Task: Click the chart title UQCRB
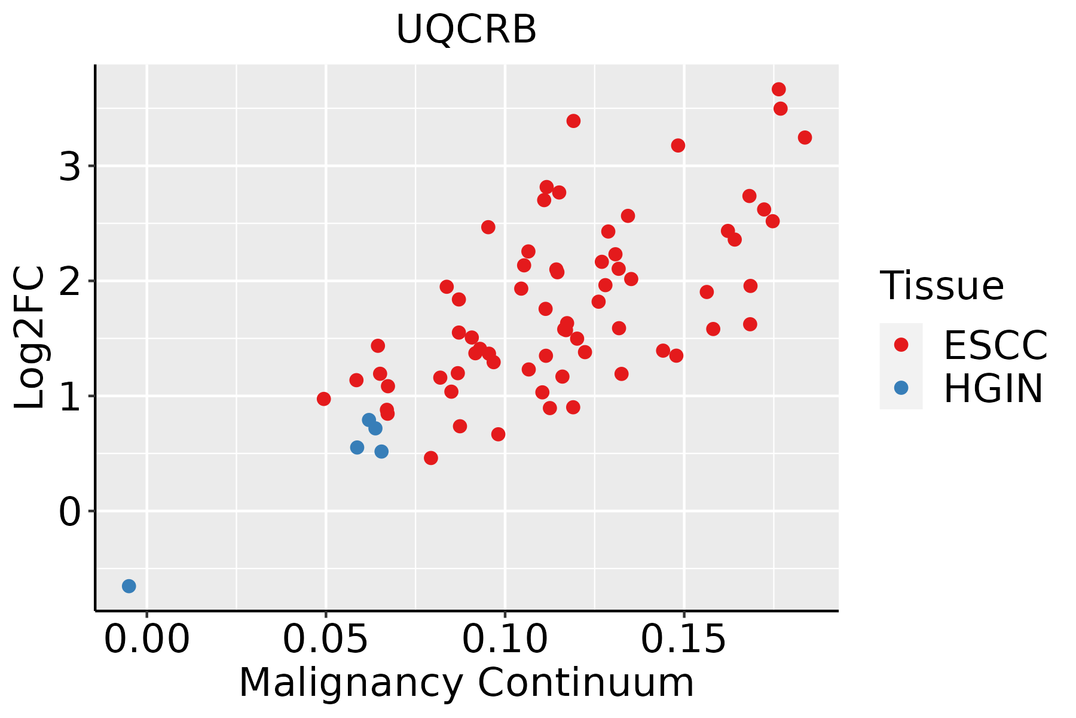tap(466, 29)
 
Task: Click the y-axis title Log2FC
tap(30, 337)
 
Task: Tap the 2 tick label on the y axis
tap(70, 281)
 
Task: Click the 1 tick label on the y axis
tap(70, 396)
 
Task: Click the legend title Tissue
tap(942, 286)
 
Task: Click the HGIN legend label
tap(993, 388)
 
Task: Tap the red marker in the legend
tap(901, 344)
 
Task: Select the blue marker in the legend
tap(901, 388)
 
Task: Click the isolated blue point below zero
tap(129, 586)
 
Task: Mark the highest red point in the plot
tap(778, 89)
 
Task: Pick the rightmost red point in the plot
tap(805, 138)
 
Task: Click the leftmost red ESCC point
tap(324, 399)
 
